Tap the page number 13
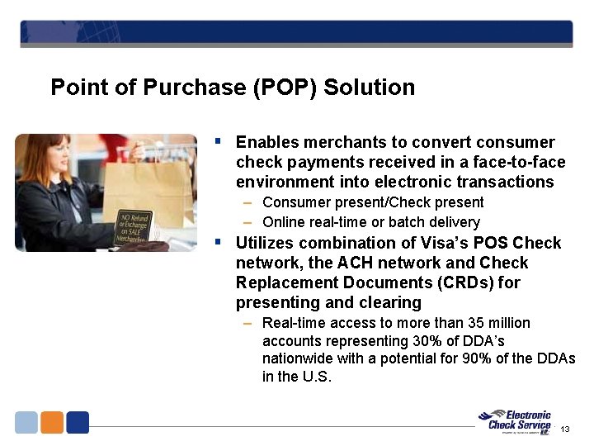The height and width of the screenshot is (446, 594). click(565, 429)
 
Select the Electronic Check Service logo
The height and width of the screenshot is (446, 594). click(518, 421)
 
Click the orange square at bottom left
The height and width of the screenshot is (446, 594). click(52, 422)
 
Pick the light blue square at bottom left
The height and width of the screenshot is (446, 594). click(26, 422)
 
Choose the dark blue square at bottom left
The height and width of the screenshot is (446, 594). click(78, 422)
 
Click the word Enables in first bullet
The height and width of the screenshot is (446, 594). click(265, 143)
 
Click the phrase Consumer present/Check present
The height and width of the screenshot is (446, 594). click(373, 202)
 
